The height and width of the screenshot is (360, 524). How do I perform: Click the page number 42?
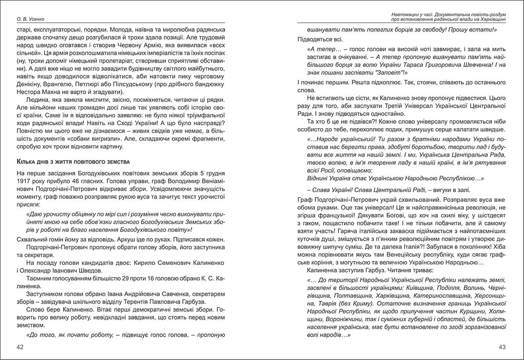click(20, 347)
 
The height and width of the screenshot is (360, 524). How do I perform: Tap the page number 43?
click(503, 347)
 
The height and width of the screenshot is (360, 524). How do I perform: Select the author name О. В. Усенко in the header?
click(31, 19)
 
